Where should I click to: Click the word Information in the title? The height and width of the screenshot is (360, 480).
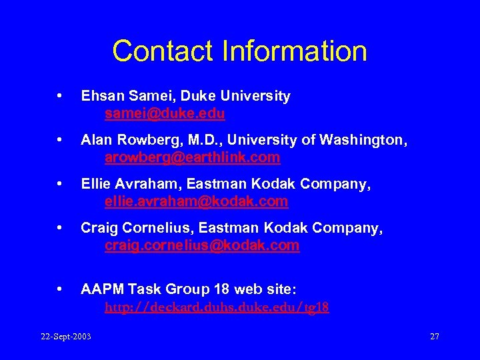[288, 51]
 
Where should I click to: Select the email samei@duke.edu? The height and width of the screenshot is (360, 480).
[165, 114]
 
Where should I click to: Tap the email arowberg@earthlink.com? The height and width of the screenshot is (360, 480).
[192, 158]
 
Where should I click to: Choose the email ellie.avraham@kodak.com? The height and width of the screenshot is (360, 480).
[196, 201]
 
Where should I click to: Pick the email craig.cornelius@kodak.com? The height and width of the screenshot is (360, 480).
[202, 245]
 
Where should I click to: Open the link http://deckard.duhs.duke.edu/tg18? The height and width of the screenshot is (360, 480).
[217, 308]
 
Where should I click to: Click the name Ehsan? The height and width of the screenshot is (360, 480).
[101, 97]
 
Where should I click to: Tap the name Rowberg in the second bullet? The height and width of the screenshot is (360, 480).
[143, 140]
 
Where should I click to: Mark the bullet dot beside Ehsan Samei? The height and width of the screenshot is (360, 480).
[61, 97]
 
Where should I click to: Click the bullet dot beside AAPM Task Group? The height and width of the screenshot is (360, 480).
[61, 290]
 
